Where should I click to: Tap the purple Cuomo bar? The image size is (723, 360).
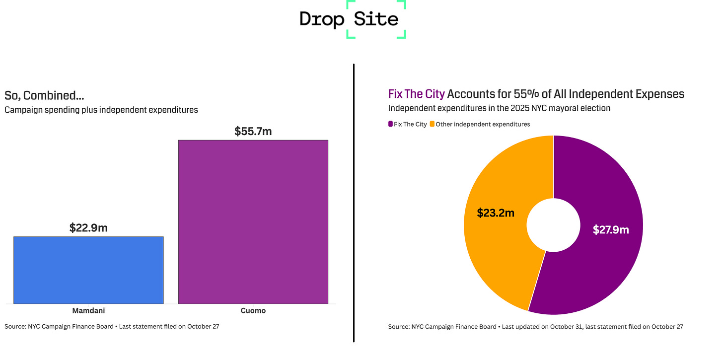click(253, 221)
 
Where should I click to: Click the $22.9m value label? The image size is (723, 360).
click(88, 228)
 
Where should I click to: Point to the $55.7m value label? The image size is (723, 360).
click(253, 132)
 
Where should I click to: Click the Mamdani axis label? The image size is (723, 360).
click(88, 311)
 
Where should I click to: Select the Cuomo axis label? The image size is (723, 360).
click(253, 311)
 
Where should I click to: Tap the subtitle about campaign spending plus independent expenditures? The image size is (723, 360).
click(101, 110)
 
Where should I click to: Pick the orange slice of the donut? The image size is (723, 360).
click(492, 248)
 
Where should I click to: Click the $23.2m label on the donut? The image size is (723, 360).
click(496, 213)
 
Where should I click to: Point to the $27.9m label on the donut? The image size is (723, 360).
click(611, 230)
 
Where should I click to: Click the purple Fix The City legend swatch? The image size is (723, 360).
click(390, 124)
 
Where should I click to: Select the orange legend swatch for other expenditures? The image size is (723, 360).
click(432, 124)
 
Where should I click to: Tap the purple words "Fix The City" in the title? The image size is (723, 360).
click(416, 94)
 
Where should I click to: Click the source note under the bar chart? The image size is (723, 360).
click(112, 327)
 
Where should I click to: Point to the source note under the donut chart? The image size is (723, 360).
click(535, 327)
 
